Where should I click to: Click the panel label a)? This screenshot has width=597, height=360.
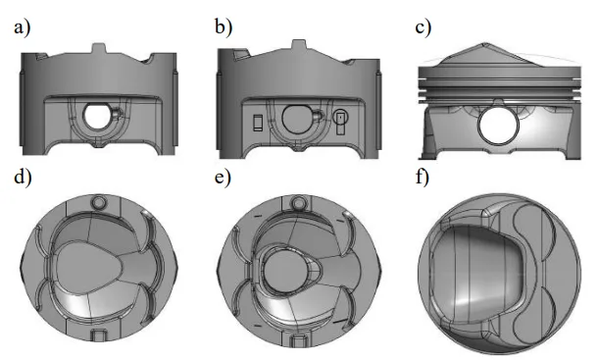(21, 27)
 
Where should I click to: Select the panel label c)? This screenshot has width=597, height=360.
(423, 27)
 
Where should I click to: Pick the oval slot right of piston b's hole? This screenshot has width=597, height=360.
(340, 122)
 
